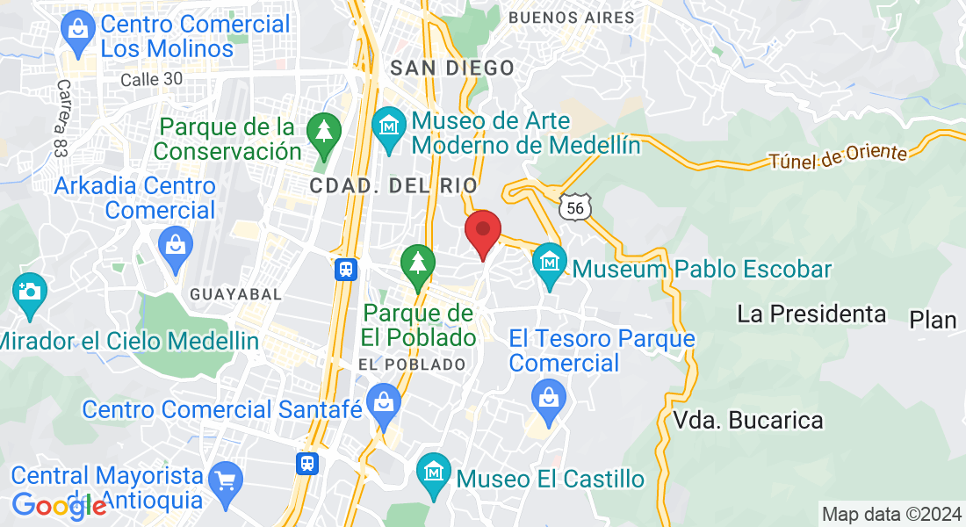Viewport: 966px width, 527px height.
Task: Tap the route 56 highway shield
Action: [x=575, y=206]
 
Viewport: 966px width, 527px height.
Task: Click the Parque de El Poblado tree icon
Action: [x=417, y=264]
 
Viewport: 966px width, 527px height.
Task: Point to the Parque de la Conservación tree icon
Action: [x=324, y=132]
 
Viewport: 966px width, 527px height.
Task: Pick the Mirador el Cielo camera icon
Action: [x=28, y=291]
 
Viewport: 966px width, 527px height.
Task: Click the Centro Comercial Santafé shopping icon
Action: [x=384, y=403]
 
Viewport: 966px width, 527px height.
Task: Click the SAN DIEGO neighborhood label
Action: [x=452, y=68]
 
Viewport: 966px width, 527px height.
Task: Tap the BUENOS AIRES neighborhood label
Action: [x=571, y=18]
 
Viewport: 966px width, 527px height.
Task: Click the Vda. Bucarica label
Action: [x=749, y=421]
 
